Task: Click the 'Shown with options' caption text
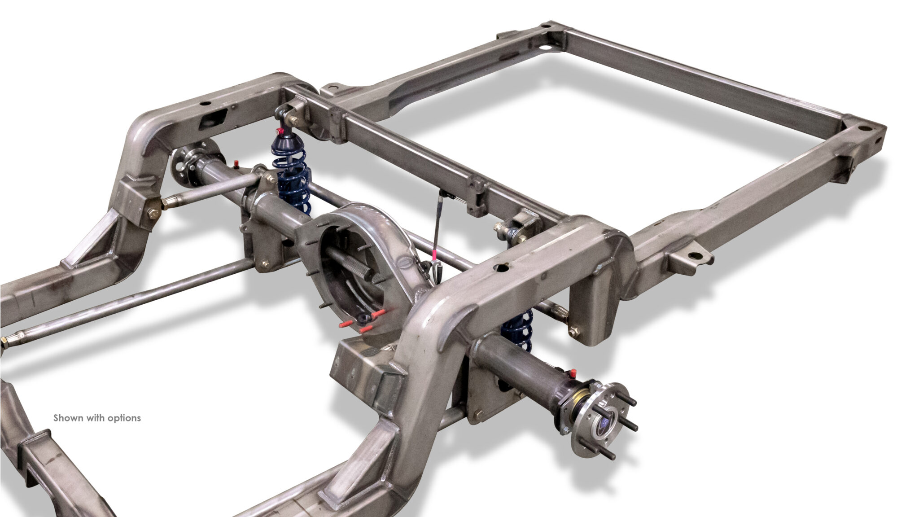tap(97, 418)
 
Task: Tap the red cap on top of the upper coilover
tap(281, 131)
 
